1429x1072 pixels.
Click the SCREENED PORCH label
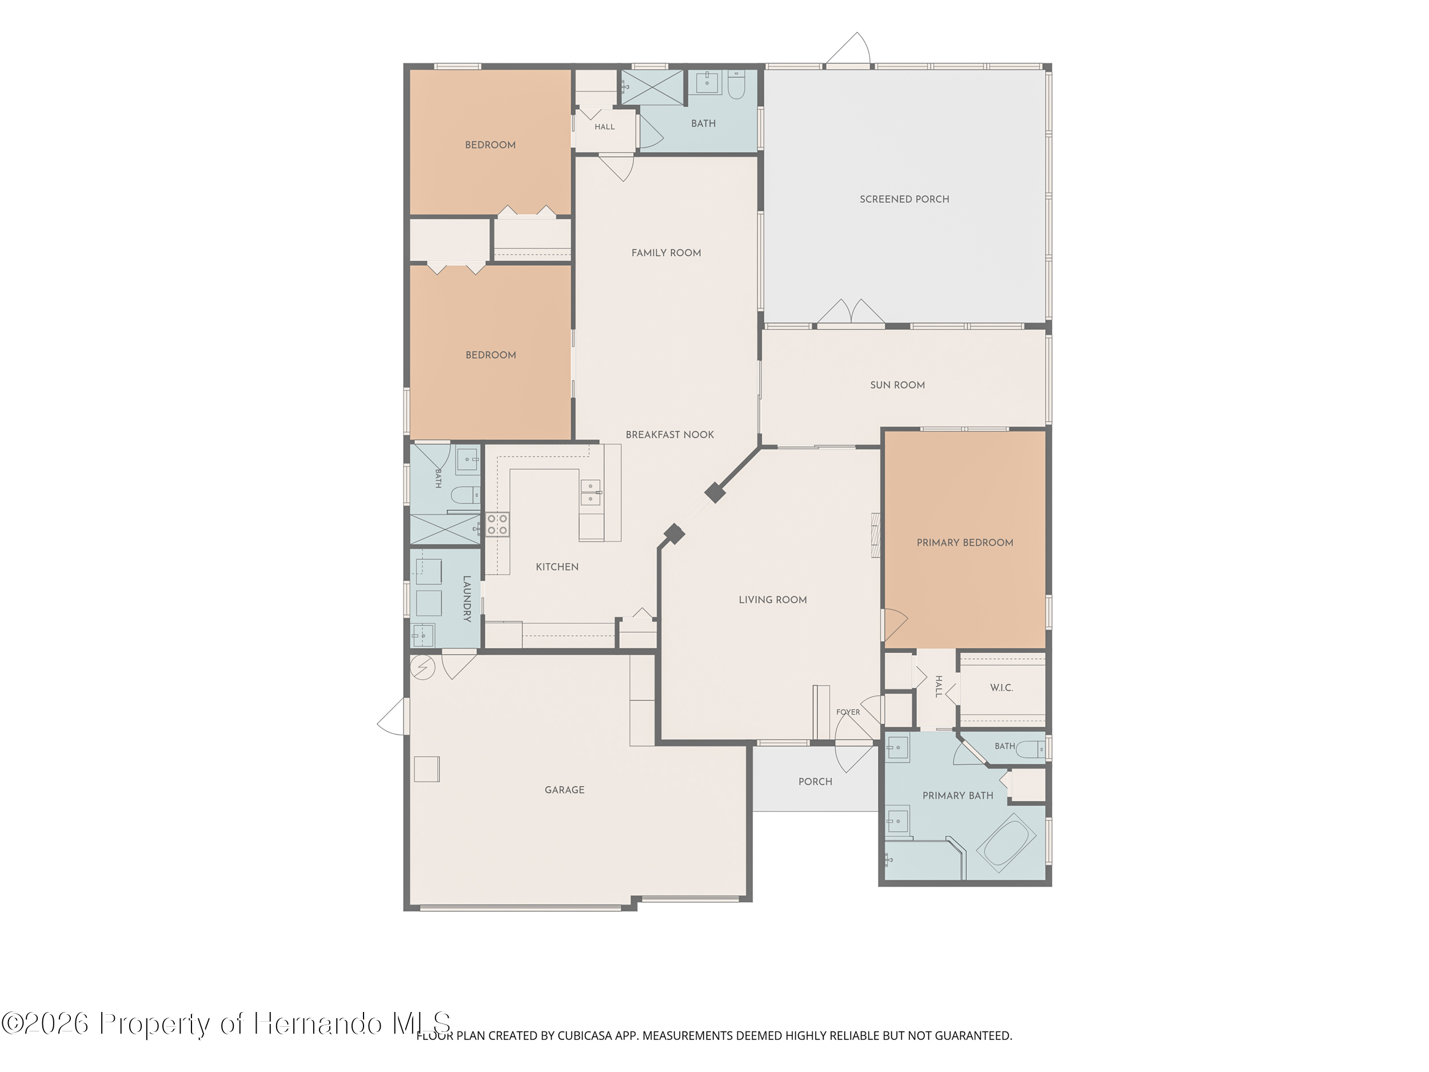904,199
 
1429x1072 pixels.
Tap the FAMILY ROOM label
666,253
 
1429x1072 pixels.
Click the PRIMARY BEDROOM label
964,542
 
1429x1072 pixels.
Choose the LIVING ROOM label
773,600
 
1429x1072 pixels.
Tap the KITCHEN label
557,567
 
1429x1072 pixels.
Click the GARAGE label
564,790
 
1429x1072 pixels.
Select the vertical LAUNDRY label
466,599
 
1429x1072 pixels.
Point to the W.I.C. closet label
1001,688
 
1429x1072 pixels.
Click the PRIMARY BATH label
957,795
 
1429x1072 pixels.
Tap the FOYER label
848,712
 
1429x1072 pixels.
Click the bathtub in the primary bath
1006,842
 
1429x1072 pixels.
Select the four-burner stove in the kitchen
497,524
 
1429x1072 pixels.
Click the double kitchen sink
590,492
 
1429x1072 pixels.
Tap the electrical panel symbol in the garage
422,667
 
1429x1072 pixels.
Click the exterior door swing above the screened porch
848,49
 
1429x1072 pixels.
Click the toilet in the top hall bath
736,85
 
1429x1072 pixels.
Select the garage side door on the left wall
393,716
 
